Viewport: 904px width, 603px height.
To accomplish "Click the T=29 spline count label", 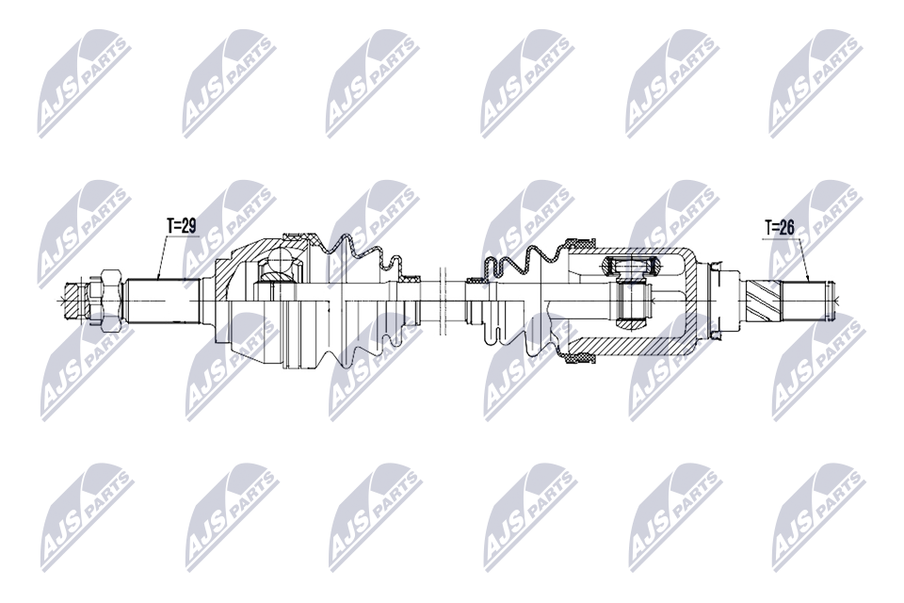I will pyautogui.click(x=180, y=227).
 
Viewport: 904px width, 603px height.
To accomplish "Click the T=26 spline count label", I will pyautogui.click(x=782, y=227).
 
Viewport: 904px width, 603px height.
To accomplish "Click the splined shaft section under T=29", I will pyautogui.click(x=160, y=300).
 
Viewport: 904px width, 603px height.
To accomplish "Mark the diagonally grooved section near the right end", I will pyautogui.click(x=766, y=300).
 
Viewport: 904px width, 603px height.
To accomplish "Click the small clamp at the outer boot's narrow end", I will pyautogui.click(x=410, y=280).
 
